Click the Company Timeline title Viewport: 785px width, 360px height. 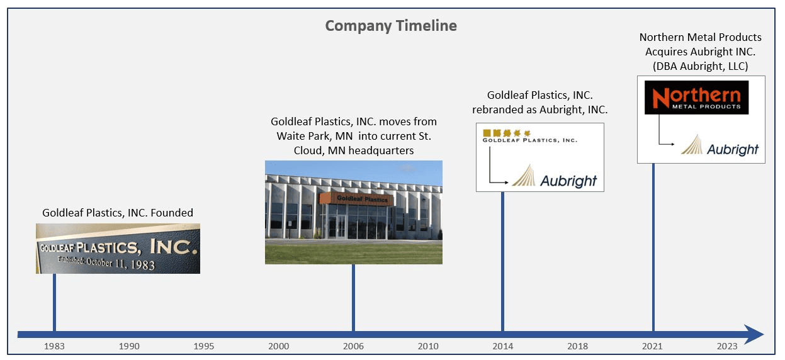click(391, 26)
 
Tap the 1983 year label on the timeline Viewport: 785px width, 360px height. click(54, 346)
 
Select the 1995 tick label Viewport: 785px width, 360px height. click(203, 346)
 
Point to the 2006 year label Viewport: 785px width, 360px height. click(353, 346)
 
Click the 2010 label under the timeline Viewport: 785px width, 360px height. click(428, 346)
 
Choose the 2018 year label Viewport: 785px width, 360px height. click(577, 346)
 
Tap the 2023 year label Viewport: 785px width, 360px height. click(727, 346)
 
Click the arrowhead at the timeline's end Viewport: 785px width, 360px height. click(754, 334)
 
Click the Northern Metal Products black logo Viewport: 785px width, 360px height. click(696, 98)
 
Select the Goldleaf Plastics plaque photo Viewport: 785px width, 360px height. click(118, 249)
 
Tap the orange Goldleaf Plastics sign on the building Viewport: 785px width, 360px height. click(356, 198)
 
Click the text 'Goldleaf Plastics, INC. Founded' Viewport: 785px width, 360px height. click(118, 213)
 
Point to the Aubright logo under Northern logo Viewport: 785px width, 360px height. click(720, 146)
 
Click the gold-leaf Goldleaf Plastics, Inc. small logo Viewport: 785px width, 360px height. click(529, 137)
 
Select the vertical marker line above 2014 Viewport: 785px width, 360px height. click(502, 261)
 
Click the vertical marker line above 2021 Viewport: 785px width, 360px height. click(653, 247)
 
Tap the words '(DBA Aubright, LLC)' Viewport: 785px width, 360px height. click(700, 66)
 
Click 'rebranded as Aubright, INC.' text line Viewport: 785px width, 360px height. click(539, 110)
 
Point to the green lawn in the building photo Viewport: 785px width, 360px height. click(354, 253)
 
